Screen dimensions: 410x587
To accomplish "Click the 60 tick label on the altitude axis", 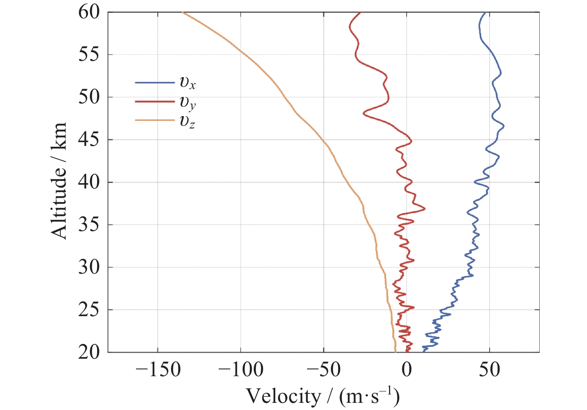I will coord(89,12).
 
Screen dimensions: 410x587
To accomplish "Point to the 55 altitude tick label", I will coord(89,54).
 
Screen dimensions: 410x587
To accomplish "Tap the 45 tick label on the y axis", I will coord(89,140).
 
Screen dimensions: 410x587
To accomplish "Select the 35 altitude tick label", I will coord(89,225).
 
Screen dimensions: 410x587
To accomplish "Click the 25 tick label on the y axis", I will coord(89,310).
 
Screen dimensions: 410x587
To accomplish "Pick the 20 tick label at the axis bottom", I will coord(89,352).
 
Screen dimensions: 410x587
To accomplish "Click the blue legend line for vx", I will coord(155,83).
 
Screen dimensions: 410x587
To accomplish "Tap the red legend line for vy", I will coord(155,101).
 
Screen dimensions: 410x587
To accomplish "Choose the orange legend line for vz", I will coord(155,120).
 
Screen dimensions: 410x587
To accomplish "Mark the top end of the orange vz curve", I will coord(183,13).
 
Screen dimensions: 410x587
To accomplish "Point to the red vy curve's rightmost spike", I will coord(425,208).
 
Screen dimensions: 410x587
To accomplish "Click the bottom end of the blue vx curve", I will coord(423,351).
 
